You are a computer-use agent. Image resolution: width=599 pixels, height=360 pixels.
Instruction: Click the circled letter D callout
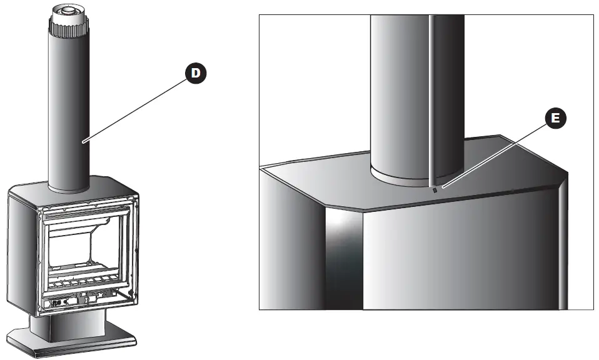coord(196,73)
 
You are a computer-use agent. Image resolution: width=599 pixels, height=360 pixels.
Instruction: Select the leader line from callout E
coord(494,152)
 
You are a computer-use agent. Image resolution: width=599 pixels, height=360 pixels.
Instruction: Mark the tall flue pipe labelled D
coord(68,112)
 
